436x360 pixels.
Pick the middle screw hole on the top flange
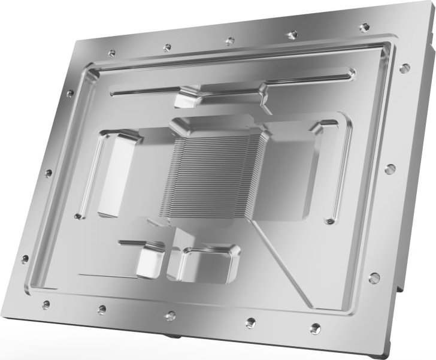229,41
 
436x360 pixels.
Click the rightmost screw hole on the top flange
364,27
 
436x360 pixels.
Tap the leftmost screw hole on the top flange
111,53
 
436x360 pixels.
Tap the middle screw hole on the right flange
390,169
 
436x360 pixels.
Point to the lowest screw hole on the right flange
374,277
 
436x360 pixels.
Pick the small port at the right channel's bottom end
329,221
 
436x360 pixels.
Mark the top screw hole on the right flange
404,67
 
